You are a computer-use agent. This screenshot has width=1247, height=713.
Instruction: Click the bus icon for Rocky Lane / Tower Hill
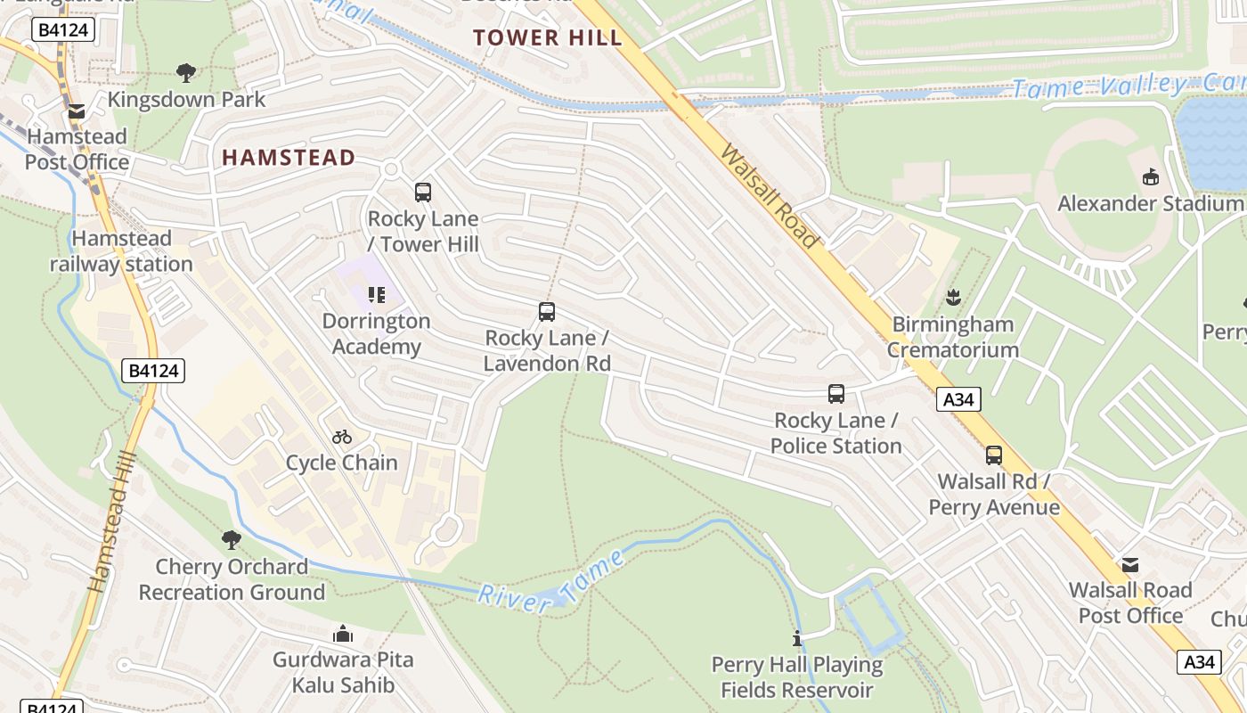point(423,192)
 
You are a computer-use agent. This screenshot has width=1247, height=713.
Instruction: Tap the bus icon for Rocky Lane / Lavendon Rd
point(547,312)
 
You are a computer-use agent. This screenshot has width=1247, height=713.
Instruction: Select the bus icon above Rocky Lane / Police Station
point(835,394)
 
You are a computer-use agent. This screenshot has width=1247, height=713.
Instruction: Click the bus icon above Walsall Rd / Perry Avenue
point(994,455)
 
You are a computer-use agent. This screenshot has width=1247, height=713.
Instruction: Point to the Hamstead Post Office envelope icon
point(77,111)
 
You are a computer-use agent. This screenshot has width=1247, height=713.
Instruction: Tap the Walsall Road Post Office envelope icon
point(1130,564)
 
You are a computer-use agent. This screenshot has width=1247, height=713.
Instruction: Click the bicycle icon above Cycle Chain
point(342,437)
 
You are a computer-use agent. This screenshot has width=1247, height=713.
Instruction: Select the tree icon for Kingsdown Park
point(186,72)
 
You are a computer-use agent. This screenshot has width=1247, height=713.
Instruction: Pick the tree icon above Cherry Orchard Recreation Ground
point(232,539)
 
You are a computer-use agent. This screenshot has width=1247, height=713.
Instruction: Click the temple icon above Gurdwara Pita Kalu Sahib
point(343,634)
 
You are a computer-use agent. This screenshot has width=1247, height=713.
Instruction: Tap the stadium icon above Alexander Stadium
point(1151,176)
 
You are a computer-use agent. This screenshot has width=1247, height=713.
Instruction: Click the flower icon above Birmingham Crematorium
point(954,297)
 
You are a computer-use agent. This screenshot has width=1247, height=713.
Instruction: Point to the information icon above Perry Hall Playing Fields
point(797,638)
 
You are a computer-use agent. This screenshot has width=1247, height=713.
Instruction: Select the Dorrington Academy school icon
point(376,294)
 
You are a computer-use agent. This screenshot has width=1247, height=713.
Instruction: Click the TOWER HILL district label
point(547,37)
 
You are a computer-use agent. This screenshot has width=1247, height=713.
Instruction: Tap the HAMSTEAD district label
point(289,158)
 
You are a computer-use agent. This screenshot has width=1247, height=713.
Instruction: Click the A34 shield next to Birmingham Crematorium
point(958,399)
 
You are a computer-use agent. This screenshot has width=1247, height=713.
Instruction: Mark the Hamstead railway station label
point(121,251)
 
